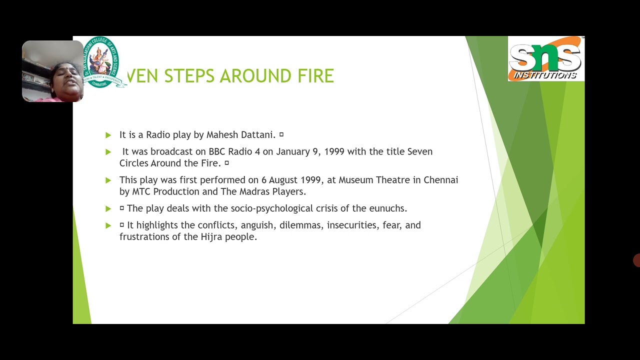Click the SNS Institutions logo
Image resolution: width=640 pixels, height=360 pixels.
[545, 59]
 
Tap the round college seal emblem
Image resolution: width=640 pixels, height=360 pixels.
[101, 62]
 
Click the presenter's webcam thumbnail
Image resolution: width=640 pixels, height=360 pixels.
[52, 71]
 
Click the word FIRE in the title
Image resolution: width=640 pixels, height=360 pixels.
[315, 76]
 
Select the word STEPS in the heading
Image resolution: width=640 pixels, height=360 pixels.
[189, 76]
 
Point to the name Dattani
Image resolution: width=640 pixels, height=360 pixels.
[258, 135]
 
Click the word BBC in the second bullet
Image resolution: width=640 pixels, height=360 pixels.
[217, 151]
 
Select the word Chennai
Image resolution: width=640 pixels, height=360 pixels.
[440, 180]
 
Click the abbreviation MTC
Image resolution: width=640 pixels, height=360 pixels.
[141, 192]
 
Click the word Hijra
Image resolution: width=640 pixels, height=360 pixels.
[211, 237]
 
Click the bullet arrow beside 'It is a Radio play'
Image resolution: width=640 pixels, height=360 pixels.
[108, 135]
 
